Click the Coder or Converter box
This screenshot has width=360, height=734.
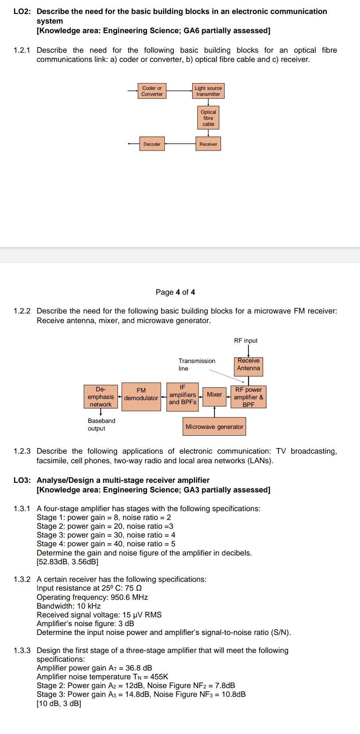point(152,91)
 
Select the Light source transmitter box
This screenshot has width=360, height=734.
point(208,91)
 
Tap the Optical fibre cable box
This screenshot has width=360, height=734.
point(208,118)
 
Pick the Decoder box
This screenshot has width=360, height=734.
point(152,144)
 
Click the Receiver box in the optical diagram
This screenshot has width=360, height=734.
point(208,144)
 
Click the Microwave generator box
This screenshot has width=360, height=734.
point(214,427)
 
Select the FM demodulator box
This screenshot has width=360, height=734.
point(141,396)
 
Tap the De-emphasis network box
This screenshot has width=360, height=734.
point(101,396)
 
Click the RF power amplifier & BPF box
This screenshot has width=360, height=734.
point(248,397)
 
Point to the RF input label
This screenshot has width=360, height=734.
point(246,341)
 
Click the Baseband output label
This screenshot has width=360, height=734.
point(101,425)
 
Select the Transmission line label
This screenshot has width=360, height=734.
point(197,365)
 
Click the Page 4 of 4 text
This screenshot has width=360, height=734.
point(175,292)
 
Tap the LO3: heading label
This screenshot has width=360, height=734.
point(22,480)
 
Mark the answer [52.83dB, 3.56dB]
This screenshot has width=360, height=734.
point(68,562)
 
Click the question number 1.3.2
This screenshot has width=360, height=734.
point(22,579)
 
